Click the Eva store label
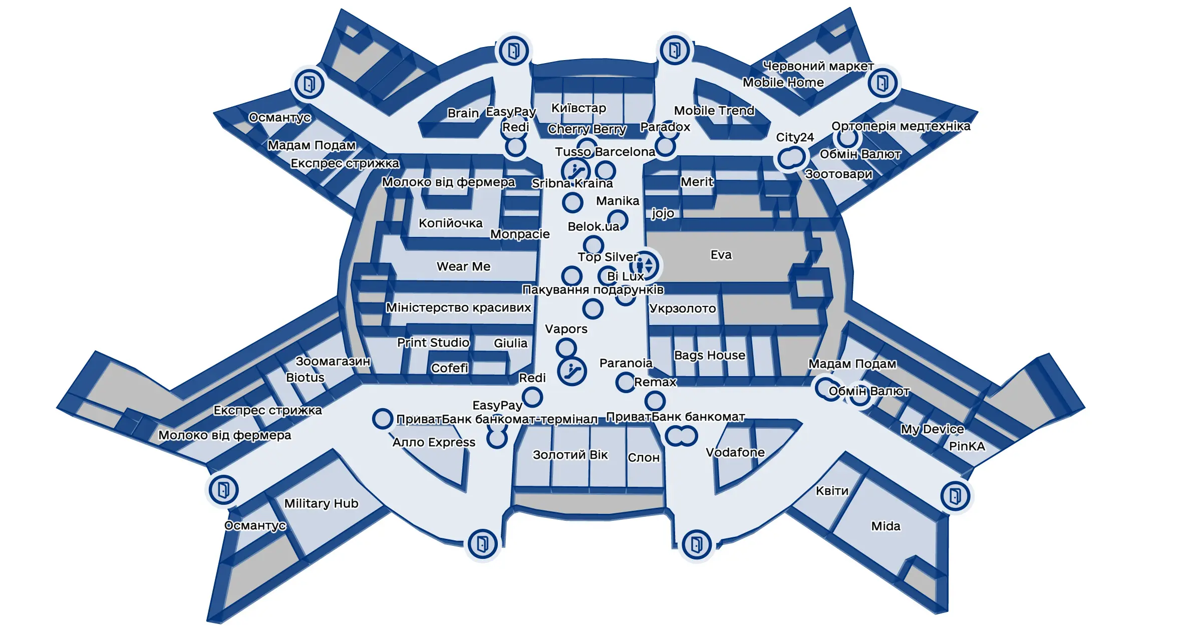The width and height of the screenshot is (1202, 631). coord(721,255)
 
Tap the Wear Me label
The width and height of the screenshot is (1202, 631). coord(463,266)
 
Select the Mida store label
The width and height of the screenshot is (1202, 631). coord(885,526)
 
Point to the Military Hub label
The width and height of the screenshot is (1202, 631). coord(321,503)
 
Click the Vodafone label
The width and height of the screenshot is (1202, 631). coord(735,452)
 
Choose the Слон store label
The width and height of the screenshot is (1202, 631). coord(644,458)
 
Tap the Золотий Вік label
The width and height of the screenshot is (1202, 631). coord(570,455)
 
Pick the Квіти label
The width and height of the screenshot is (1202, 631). coord(832,491)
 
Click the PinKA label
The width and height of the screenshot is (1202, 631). coord(967,446)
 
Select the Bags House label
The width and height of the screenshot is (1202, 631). coord(709,355)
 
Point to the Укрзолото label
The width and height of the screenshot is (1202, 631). coord(682,308)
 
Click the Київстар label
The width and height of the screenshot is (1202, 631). coord(578,108)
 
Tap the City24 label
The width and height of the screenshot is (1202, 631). coord(795,137)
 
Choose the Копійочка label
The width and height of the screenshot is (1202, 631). coord(450,223)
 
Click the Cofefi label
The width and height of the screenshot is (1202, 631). coord(449,368)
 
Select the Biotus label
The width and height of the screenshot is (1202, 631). coord(305,378)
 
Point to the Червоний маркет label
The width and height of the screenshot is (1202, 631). coord(818,66)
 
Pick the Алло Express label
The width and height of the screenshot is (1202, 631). coord(434,443)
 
